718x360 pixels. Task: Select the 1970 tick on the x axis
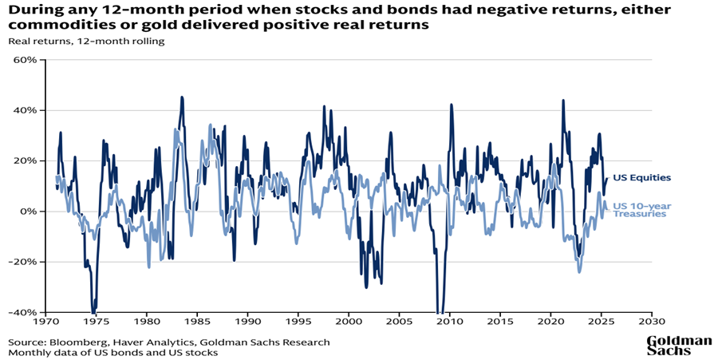pyautogui.click(x=45, y=322)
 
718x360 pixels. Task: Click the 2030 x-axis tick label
pyautogui.click(x=651, y=322)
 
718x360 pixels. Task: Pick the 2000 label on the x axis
pyautogui.click(x=348, y=322)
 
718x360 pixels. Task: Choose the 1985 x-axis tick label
pyautogui.click(x=196, y=322)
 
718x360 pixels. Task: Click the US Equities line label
pyautogui.click(x=641, y=178)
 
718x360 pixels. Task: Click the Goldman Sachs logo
pyautogui.click(x=678, y=345)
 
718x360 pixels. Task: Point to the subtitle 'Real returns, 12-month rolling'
pyautogui.click(x=86, y=42)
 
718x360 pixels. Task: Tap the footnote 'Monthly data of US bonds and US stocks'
pyautogui.click(x=113, y=353)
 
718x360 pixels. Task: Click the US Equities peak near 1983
pyautogui.click(x=182, y=97)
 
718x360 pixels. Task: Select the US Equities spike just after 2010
pyautogui.click(x=452, y=105)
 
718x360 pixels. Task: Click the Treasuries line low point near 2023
pyautogui.click(x=579, y=271)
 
